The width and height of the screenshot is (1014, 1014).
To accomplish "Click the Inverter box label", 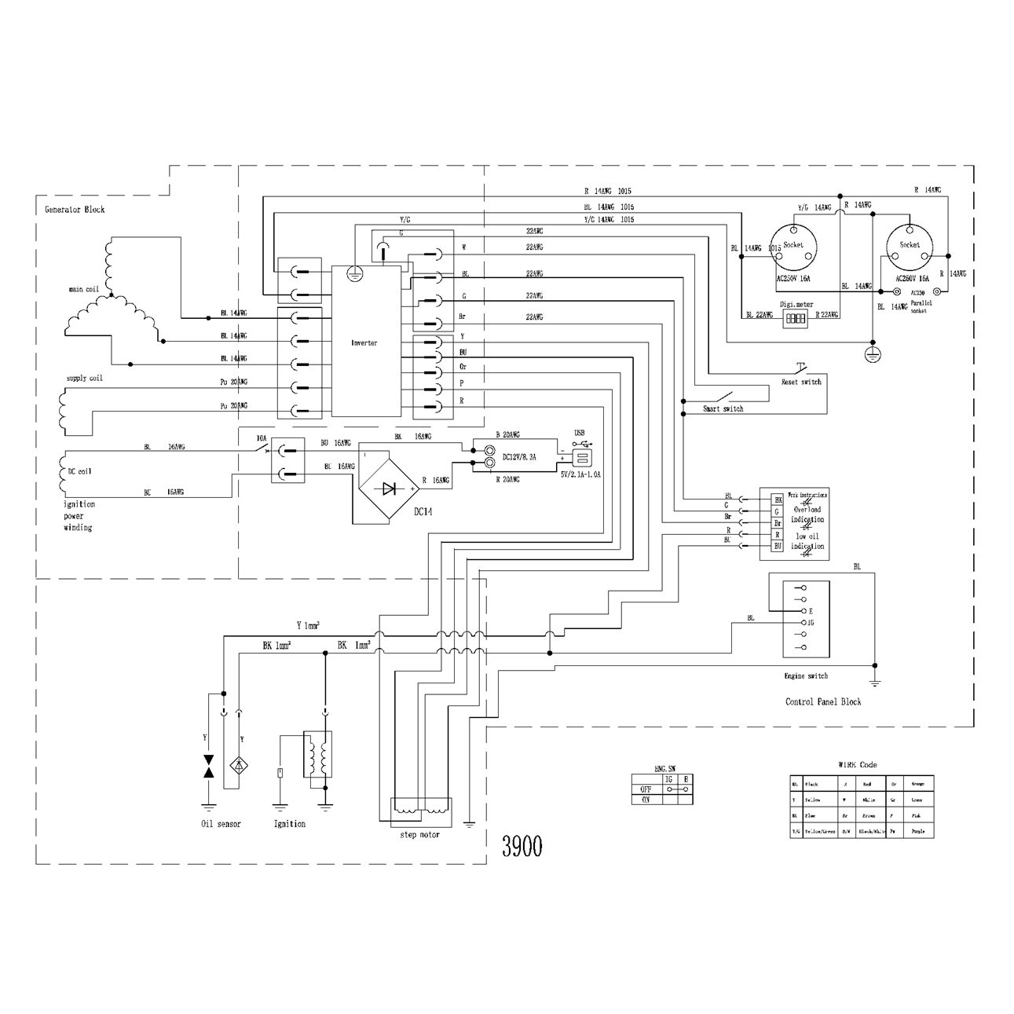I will tap(364, 343).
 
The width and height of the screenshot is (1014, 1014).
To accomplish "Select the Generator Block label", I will tap(75, 210).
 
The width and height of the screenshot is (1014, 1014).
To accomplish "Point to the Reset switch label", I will tap(800, 382).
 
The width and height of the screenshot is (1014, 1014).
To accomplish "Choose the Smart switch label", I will tap(723, 409).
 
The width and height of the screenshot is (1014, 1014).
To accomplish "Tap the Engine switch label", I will tap(806, 675).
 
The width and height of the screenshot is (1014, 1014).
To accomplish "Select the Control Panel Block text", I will tap(823, 702).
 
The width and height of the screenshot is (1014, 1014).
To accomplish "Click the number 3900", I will tap(522, 846).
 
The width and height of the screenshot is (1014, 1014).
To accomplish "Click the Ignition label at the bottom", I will tap(290, 824).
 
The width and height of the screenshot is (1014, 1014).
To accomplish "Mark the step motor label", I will tap(420, 834).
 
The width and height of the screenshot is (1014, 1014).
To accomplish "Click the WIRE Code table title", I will tap(858, 764).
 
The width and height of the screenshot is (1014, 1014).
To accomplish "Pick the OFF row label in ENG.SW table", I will tap(646, 789).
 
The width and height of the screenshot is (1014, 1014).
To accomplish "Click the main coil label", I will tap(83, 289).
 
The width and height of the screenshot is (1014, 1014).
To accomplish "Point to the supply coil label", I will tap(85, 379).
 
